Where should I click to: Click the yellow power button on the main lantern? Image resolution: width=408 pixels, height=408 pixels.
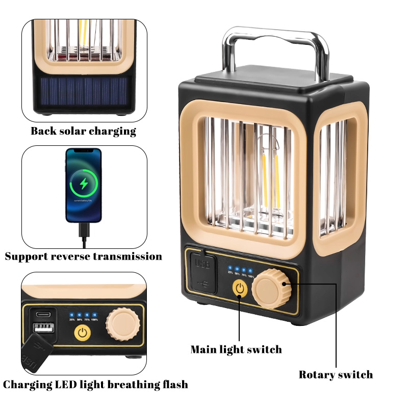click(x=240, y=289)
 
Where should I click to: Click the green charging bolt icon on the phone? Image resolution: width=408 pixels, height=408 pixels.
click(x=84, y=182)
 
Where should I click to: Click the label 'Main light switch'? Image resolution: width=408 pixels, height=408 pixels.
click(x=236, y=349)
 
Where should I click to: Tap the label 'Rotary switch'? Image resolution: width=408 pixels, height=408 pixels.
click(x=336, y=375)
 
